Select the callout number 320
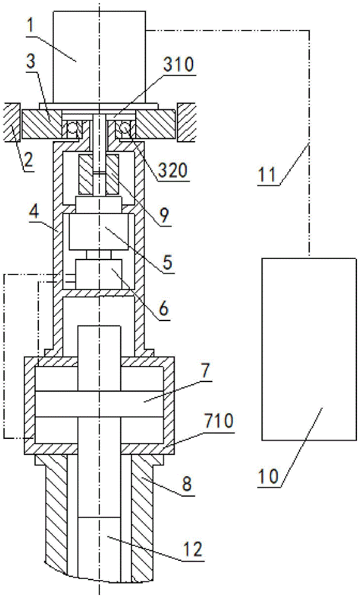(x=173, y=170)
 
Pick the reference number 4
(x=35, y=212)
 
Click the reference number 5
(x=168, y=263)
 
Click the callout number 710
(x=219, y=422)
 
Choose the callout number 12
(x=193, y=549)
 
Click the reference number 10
(x=269, y=477)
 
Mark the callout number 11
(x=267, y=174)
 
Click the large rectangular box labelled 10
(x=309, y=349)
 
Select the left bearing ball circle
(x=73, y=130)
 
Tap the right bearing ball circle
(x=125, y=130)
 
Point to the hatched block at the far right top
(x=187, y=121)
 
